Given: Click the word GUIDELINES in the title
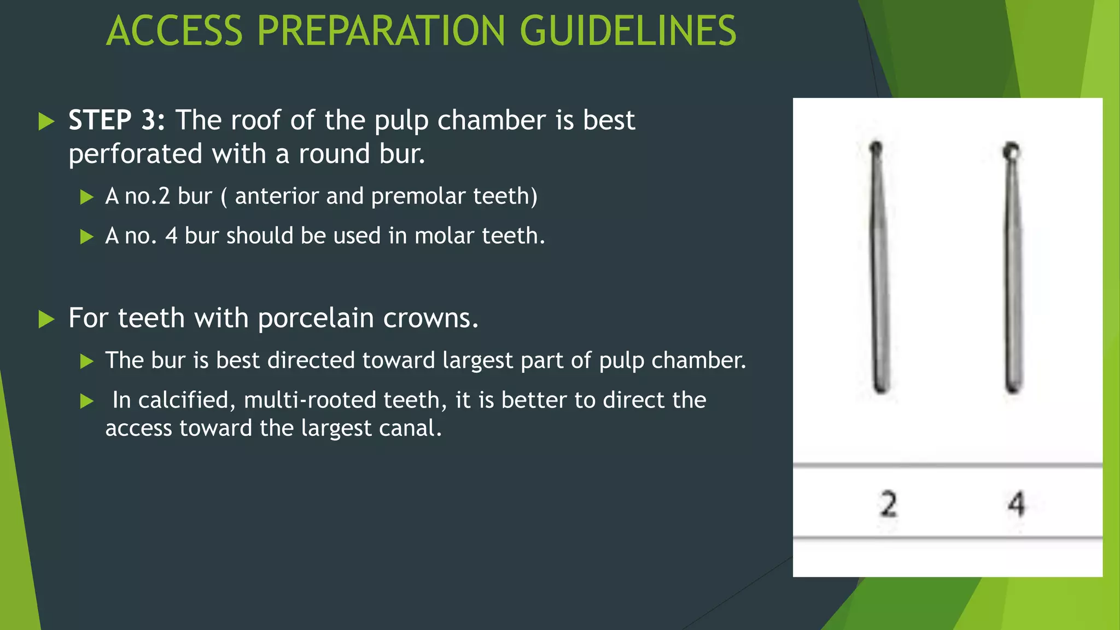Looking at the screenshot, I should click(x=628, y=31).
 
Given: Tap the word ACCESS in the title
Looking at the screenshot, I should click(x=174, y=31).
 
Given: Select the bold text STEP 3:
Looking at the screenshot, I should click(x=116, y=120).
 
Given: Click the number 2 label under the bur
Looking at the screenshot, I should click(x=889, y=504).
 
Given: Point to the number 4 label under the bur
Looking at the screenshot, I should click(x=1016, y=504).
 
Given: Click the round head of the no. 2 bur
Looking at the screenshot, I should click(x=876, y=148).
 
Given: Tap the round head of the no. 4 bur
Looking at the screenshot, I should click(x=1011, y=150).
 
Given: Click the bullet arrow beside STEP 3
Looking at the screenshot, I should click(x=47, y=121).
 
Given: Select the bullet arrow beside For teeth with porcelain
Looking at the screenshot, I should click(x=47, y=319).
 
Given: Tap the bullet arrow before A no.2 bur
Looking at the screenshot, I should click(x=87, y=197).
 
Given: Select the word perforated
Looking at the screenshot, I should click(x=135, y=154).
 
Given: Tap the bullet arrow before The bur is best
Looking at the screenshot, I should click(x=87, y=361).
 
